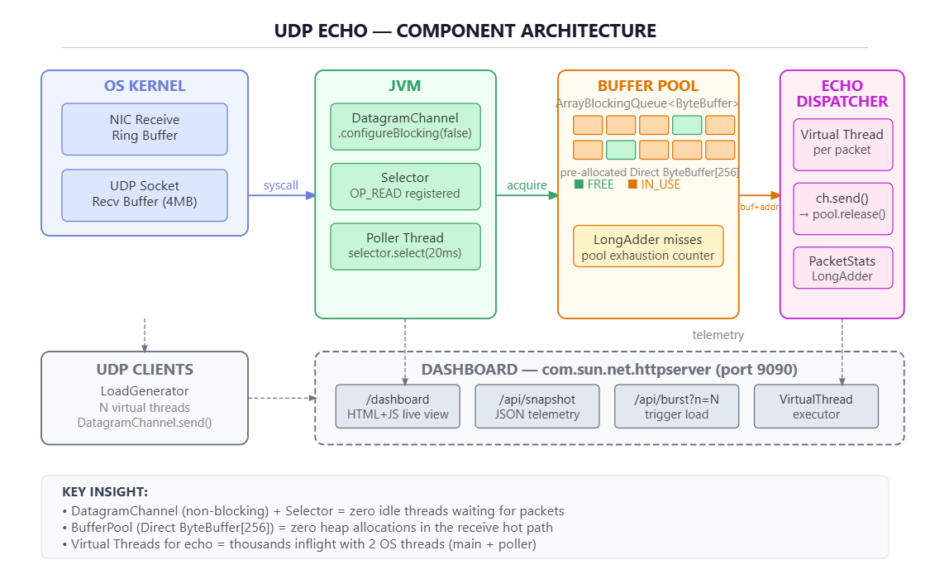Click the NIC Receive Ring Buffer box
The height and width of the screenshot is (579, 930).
144,129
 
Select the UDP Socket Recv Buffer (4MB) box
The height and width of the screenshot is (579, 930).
144,195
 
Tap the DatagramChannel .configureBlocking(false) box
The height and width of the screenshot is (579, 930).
405,127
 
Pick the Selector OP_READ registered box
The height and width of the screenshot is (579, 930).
405,186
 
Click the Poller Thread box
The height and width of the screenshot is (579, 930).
405,246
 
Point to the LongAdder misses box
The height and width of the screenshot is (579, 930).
647,246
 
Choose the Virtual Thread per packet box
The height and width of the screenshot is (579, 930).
842,144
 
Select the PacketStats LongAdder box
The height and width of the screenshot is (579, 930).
842,267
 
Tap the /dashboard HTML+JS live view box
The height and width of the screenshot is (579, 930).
398,406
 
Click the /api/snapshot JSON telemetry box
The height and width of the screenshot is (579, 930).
537,406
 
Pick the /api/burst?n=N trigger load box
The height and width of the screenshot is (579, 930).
676,406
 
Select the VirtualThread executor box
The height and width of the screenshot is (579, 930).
816,406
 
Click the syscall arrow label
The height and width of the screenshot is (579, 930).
280,185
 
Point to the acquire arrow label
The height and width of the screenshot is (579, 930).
527,185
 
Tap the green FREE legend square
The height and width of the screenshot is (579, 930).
579,184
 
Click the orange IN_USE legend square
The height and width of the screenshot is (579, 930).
632,184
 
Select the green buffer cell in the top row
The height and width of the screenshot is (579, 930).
687,125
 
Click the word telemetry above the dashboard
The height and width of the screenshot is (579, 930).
718,335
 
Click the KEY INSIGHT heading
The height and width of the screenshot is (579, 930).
105,492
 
